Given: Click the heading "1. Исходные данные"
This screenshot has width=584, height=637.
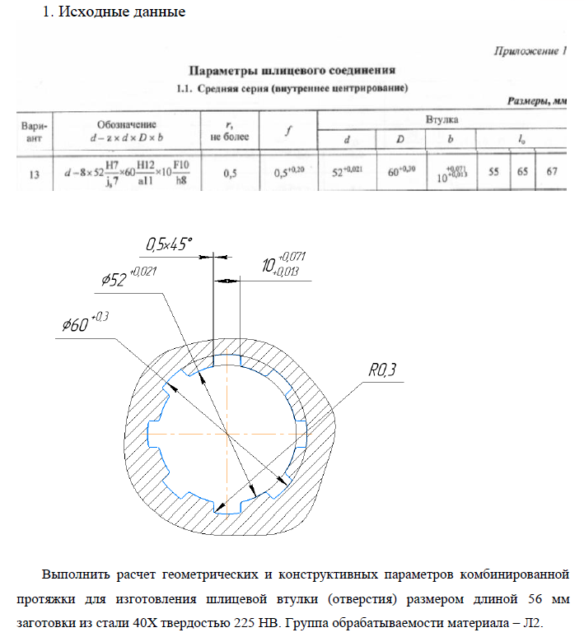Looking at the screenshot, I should point(114,12).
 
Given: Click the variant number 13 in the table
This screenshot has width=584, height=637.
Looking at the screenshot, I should point(34,174).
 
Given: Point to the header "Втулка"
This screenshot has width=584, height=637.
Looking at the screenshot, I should point(442,119).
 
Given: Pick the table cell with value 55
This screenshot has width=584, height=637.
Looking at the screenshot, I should point(494,173).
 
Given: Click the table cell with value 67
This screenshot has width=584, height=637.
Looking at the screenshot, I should point(552,173).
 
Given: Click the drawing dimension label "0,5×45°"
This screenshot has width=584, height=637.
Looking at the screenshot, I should point(168,244).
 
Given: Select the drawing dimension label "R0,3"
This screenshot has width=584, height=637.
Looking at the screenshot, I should point(382,372).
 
